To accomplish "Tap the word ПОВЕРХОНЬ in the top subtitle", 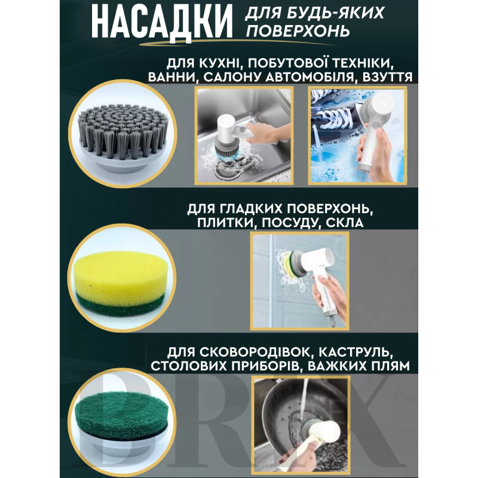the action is (298, 31).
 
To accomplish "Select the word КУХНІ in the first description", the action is (220, 63).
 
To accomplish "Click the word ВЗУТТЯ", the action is (387, 77).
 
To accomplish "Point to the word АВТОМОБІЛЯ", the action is (309, 77).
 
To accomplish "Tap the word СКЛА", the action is (345, 222).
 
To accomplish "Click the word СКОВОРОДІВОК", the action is (255, 352).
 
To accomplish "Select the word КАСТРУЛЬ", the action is (355, 352).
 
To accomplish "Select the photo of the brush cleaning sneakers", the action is (357, 136).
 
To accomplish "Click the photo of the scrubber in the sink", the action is (244, 136).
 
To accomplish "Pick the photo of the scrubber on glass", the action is (300, 281).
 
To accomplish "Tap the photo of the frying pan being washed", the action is (301, 425).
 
